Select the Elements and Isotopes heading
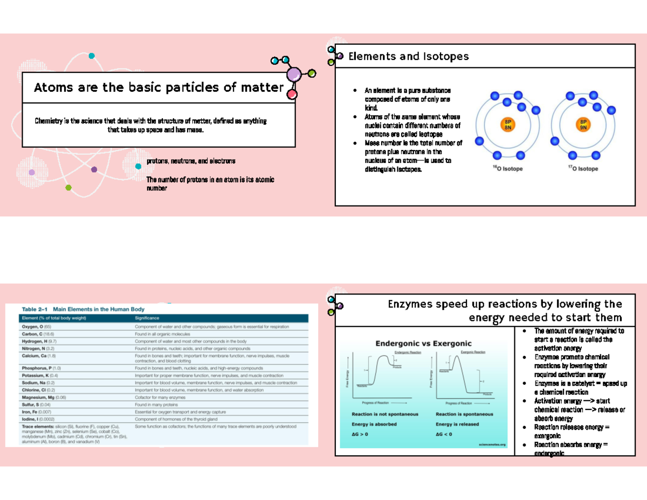click(408, 56)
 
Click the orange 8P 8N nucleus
click(507, 125)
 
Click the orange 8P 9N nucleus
click(583, 125)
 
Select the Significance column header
click(147, 318)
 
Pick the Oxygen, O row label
click(37, 327)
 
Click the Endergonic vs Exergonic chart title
click(423, 343)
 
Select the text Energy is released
click(457, 424)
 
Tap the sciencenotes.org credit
click(492, 444)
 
